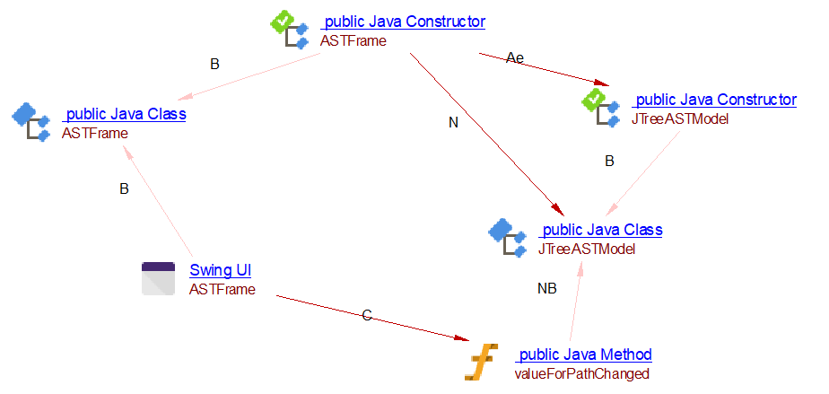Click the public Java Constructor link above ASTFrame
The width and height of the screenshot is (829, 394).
pos(404,22)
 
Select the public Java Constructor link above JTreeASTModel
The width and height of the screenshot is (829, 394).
pos(715,100)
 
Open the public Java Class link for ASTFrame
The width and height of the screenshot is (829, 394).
pos(125,115)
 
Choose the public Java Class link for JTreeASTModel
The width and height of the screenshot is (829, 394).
pos(601,230)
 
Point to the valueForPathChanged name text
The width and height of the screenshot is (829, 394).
pos(581,373)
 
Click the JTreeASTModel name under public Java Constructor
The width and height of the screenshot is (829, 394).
pos(680,118)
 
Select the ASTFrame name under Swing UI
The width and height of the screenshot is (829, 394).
pos(222,289)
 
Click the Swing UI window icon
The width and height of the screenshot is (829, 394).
pos(159,278)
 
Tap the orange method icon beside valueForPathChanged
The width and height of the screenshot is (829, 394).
pos(479,362)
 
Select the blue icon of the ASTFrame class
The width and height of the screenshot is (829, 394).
pos(31,124)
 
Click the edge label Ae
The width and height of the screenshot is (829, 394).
pos(514,57)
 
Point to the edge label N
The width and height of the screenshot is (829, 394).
pos(453,123)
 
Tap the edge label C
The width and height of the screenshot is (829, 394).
pos(366,316)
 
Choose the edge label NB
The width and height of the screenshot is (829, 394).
pos(546,289)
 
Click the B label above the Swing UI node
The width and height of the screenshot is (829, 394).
pos(125,189)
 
